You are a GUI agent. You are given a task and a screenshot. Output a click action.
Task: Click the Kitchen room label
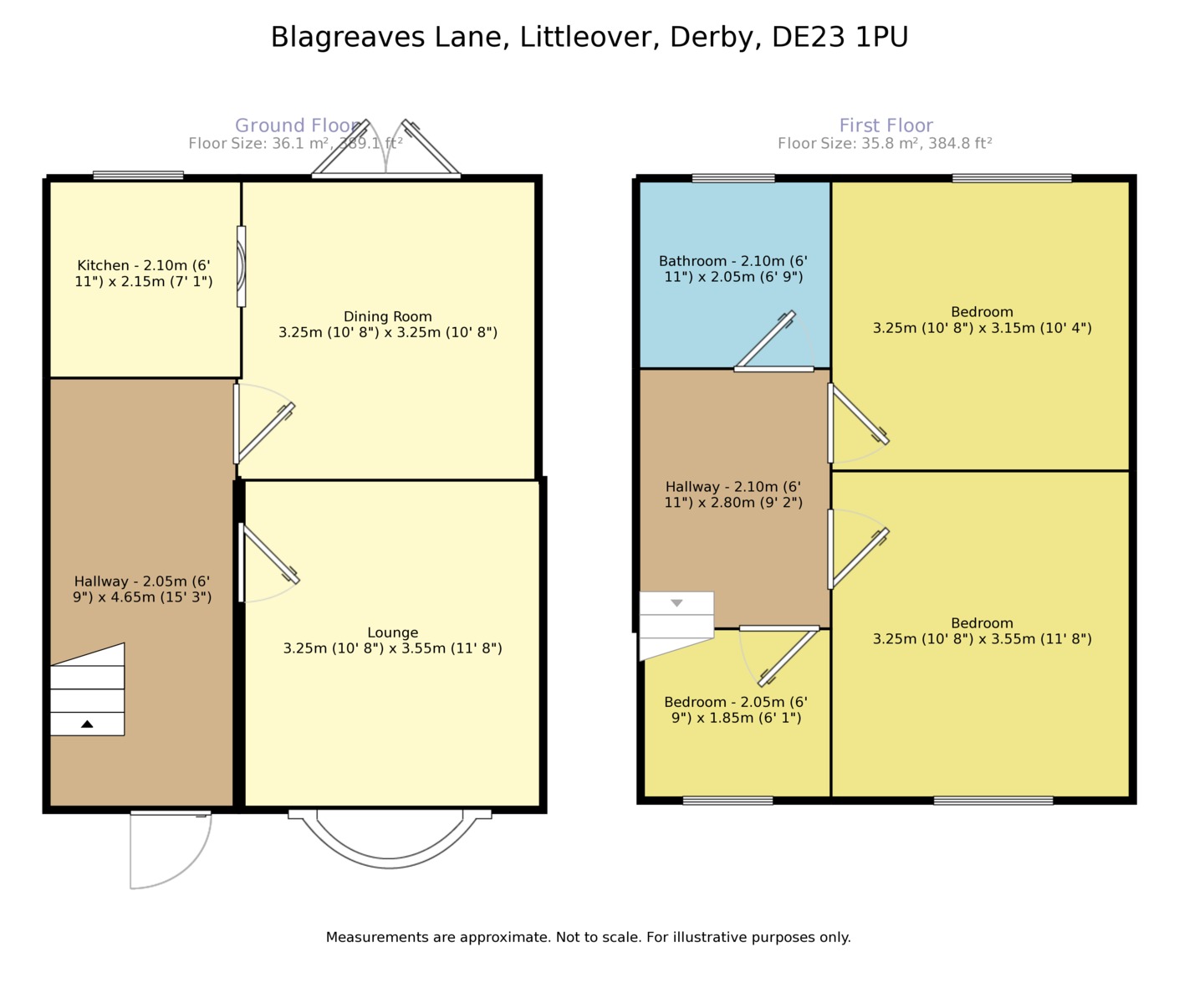144,274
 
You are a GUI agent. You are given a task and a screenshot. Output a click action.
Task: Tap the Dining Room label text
388,325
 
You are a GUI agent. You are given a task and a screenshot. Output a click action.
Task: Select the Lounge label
392,640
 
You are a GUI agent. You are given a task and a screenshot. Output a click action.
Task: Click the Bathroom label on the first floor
733,269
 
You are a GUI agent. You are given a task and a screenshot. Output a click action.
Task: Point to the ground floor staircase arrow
87,724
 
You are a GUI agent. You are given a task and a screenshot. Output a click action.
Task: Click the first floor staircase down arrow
676,603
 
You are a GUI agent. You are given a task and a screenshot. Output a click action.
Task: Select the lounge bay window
390,837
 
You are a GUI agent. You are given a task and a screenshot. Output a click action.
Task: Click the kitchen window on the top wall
138,176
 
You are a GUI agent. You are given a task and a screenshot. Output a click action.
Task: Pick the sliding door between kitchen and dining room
241,266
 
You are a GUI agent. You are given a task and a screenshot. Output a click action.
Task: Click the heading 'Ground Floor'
297,125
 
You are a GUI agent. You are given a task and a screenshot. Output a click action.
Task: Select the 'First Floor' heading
886,125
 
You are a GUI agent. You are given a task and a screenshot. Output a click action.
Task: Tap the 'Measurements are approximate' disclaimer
588,937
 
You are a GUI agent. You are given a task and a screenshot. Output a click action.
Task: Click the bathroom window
733,178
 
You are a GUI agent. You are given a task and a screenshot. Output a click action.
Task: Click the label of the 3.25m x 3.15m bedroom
982,320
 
